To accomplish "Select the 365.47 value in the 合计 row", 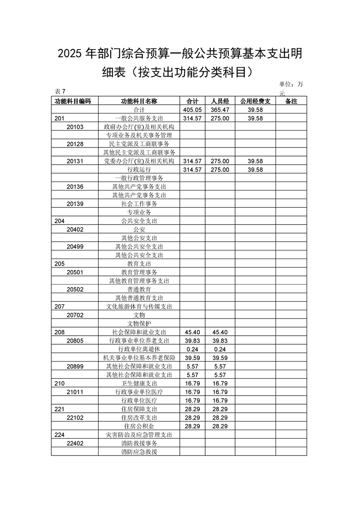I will pyautogui.click(x=220, y=110).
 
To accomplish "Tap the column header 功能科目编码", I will pyautogui.click(x=73, y=101).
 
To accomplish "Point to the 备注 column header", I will pyautogui.click(x=291, y=101).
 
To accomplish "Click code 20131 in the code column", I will pyautogui.click(x=75, y=161).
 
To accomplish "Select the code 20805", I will pyautogui.click(x=75, y=341).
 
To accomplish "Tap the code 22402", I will pyautogui.click(x=75, y=443).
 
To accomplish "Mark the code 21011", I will pyautogui.click(x=75, y=392).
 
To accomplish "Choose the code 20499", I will pyautogui.click(x=75, y=246).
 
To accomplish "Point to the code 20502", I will pyautogui.click(x=75, y=289).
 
